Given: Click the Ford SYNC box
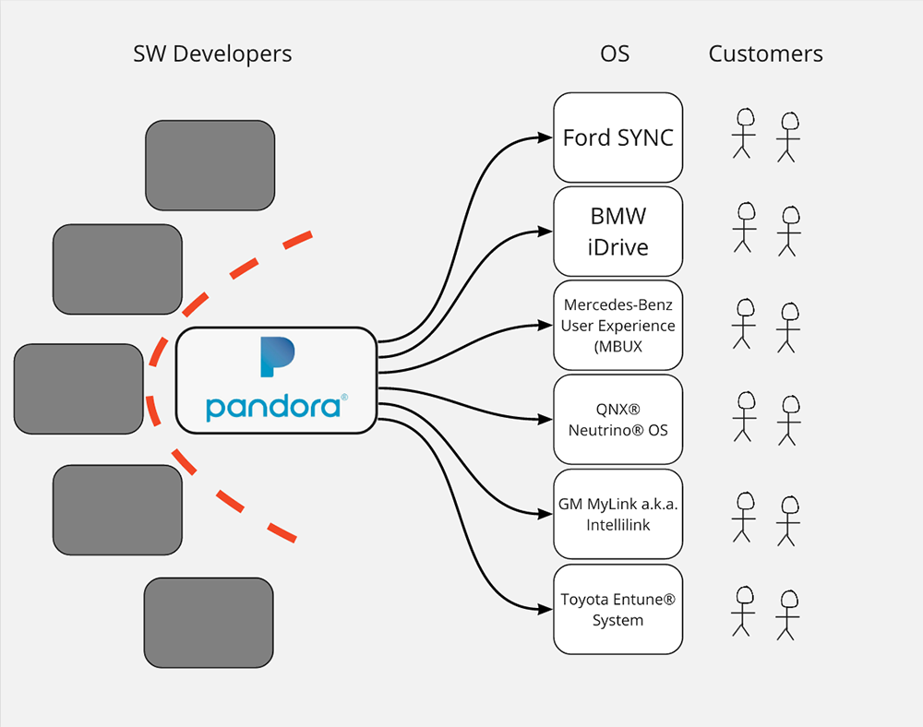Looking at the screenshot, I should point(617,137).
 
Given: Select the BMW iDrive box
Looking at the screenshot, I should point(617,232).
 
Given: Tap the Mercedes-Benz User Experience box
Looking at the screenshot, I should point(617,326).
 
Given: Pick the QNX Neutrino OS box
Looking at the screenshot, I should point(617,419).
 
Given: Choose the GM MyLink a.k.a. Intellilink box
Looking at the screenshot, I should point(617,514).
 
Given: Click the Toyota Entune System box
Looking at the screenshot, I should point(617,609).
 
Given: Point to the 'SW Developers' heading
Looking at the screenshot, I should point(212,54).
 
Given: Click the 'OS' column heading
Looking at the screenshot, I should point(615,54).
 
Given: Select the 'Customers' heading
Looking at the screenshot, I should point(765,54).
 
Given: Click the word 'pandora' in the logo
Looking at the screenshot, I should point(273,407).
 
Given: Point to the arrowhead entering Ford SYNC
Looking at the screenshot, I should point(545,138).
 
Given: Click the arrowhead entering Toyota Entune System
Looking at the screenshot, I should point(545,609).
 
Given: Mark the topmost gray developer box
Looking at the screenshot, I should point(210,165).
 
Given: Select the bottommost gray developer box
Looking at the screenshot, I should point(209,623).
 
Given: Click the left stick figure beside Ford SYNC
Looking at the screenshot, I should point(743,133).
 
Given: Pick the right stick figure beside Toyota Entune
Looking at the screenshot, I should point(787,613).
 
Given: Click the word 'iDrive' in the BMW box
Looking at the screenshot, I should point(618,247).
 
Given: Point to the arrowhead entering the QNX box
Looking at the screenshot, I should point(545,420).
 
